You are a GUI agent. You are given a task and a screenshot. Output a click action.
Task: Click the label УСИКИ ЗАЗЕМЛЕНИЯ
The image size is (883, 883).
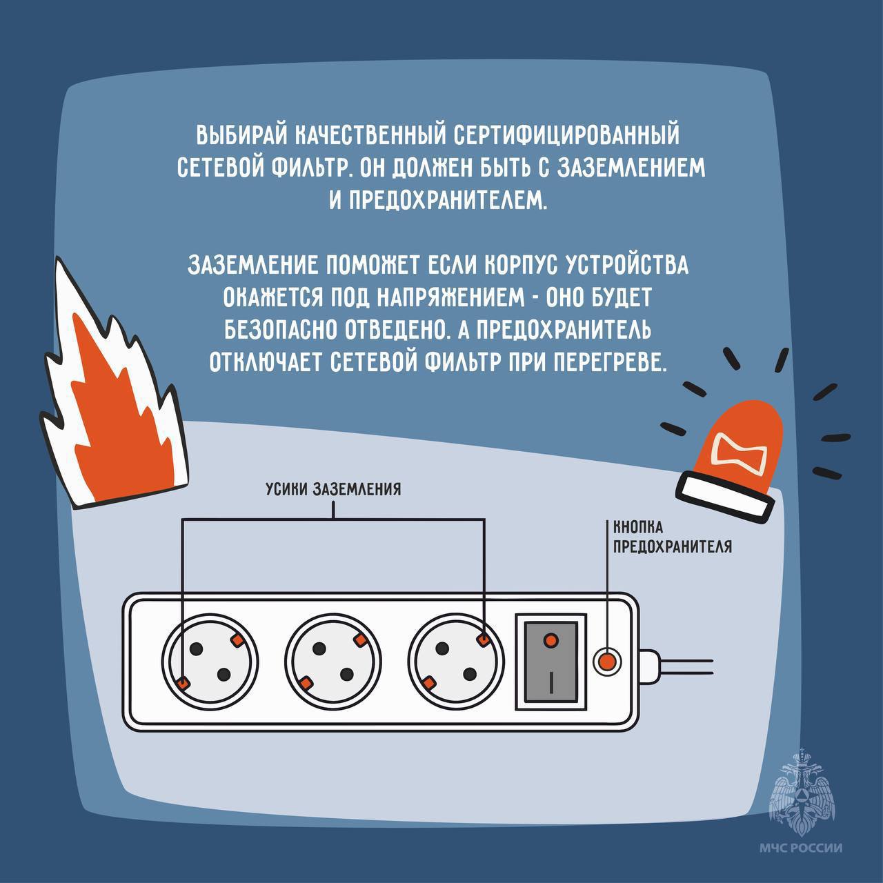click(333, 489)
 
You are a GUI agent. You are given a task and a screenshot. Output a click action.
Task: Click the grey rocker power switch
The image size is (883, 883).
click(550, 663)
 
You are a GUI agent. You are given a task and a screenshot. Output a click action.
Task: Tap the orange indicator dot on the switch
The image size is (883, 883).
click(550, 641)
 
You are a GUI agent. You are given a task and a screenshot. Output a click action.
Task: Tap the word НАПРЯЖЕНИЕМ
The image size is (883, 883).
click(450, 297)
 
